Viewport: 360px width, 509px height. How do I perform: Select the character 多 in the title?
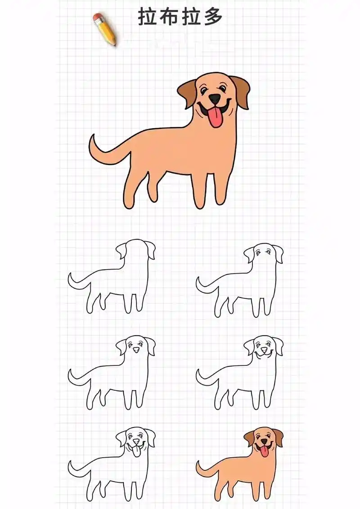click(x=213, y=17)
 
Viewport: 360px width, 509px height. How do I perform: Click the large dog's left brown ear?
click(x=187, y=92)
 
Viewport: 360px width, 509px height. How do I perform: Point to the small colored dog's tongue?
click(x=264, y=451)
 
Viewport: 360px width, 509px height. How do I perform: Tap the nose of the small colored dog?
click(x=264, y=442)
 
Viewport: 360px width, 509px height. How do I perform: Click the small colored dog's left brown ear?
click(x=249, y=438)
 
